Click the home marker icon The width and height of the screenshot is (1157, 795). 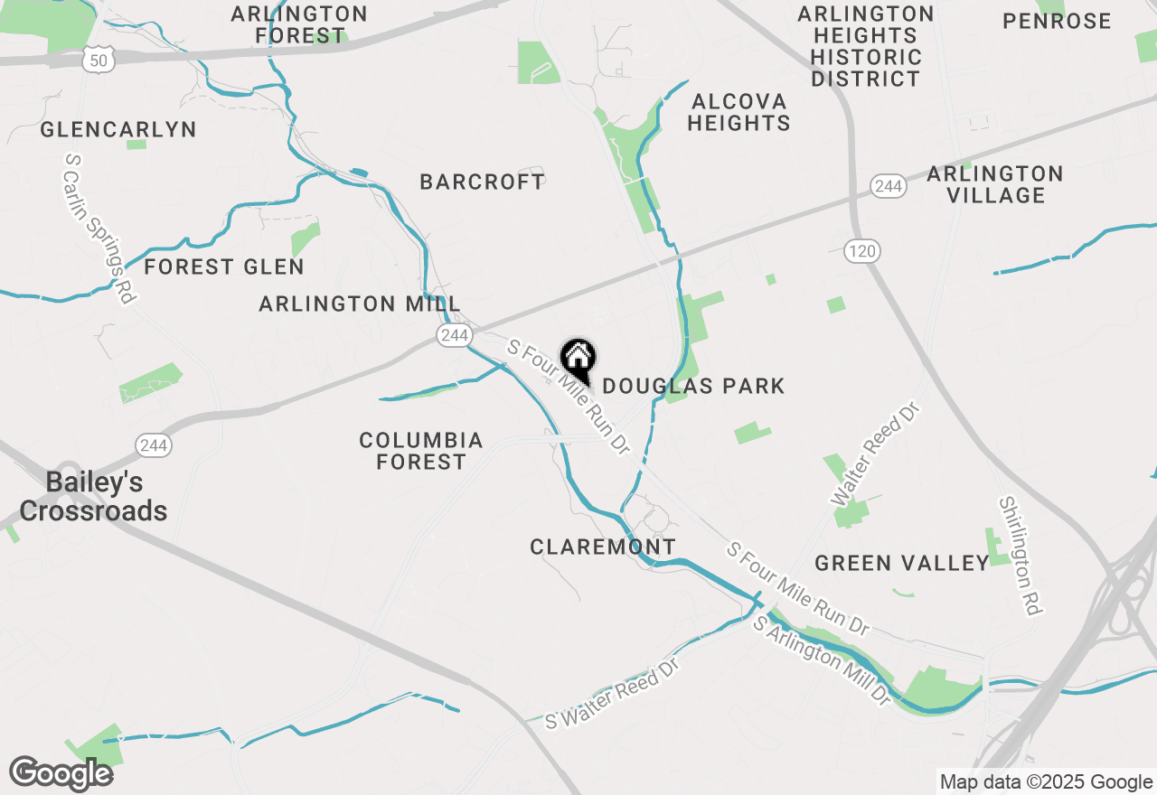point(578,359)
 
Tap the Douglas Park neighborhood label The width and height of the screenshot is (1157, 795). point(693,387)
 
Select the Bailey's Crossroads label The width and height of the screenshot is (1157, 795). point(93,496)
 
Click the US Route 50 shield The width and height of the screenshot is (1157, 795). point(99,61)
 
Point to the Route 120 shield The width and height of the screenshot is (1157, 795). point(862,251)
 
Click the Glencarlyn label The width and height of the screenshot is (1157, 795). point(118,130)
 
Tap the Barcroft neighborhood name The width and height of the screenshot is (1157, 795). point(483,182)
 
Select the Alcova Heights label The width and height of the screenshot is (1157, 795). point(738,112)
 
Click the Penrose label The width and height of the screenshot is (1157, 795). point(1057,21)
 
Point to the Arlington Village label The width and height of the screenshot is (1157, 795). point(995,184)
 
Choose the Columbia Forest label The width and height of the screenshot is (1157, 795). point(421,451)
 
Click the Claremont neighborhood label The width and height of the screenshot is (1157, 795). point(603,547)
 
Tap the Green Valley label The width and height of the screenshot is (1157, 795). point(902,564)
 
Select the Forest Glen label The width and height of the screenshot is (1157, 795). point(224,267)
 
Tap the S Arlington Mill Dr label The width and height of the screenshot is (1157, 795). point(823,660)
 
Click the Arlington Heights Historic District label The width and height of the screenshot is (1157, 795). point(866,46)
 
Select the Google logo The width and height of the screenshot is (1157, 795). point(61,773)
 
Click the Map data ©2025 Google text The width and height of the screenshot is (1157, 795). point(1045,782)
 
